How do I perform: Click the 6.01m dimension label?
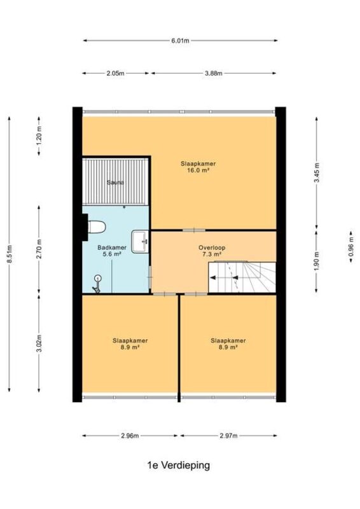pyautogui.click(x=180, y=41)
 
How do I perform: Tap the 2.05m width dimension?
pyautogui.click(x=115, y=73)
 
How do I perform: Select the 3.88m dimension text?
pyautogui.click(x=213, y=73)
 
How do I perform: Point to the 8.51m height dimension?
pyautogui.click(x=10, y=254)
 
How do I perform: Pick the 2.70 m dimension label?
pyautogui.click(x=39, y=249)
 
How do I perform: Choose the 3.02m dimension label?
pyautogui.click(x=39, y=343)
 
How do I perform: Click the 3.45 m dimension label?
pyautogui.click(x=317, y=172)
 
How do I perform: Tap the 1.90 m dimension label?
pyautogui.click(x=317, y=261)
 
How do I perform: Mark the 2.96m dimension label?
pyautogui.click(x=130, y=436)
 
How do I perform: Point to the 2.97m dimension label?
pyautogui.click(x=228, y=436)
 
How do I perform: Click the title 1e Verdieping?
pyautogui.click(x=179, y=465)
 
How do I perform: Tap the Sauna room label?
pyautogui.click(x=116, y=183)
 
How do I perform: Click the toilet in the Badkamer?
pyautogui.click(x=97, y=227)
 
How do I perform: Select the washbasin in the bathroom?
pyautogui.click(x=140, y=242)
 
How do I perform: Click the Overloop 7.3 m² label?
pyautogui.click(x=212, y=251)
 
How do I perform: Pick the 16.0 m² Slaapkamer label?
pyautogui.click(x=198, y=167)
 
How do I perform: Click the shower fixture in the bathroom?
pyautogui.click(x=97, y=284)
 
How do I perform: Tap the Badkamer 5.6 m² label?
pyautogui.click(x=112, y=251)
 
